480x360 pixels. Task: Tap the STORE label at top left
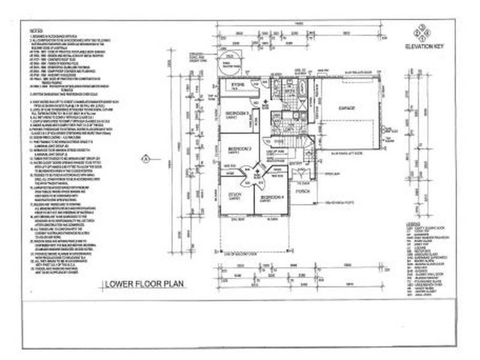tap(236, 85)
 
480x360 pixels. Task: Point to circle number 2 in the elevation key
tap(424, 33)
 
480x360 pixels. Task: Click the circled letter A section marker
tap(145, 159)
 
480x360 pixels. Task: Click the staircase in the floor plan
tap(298, 145)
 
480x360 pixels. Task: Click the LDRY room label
tap(289, 128)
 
